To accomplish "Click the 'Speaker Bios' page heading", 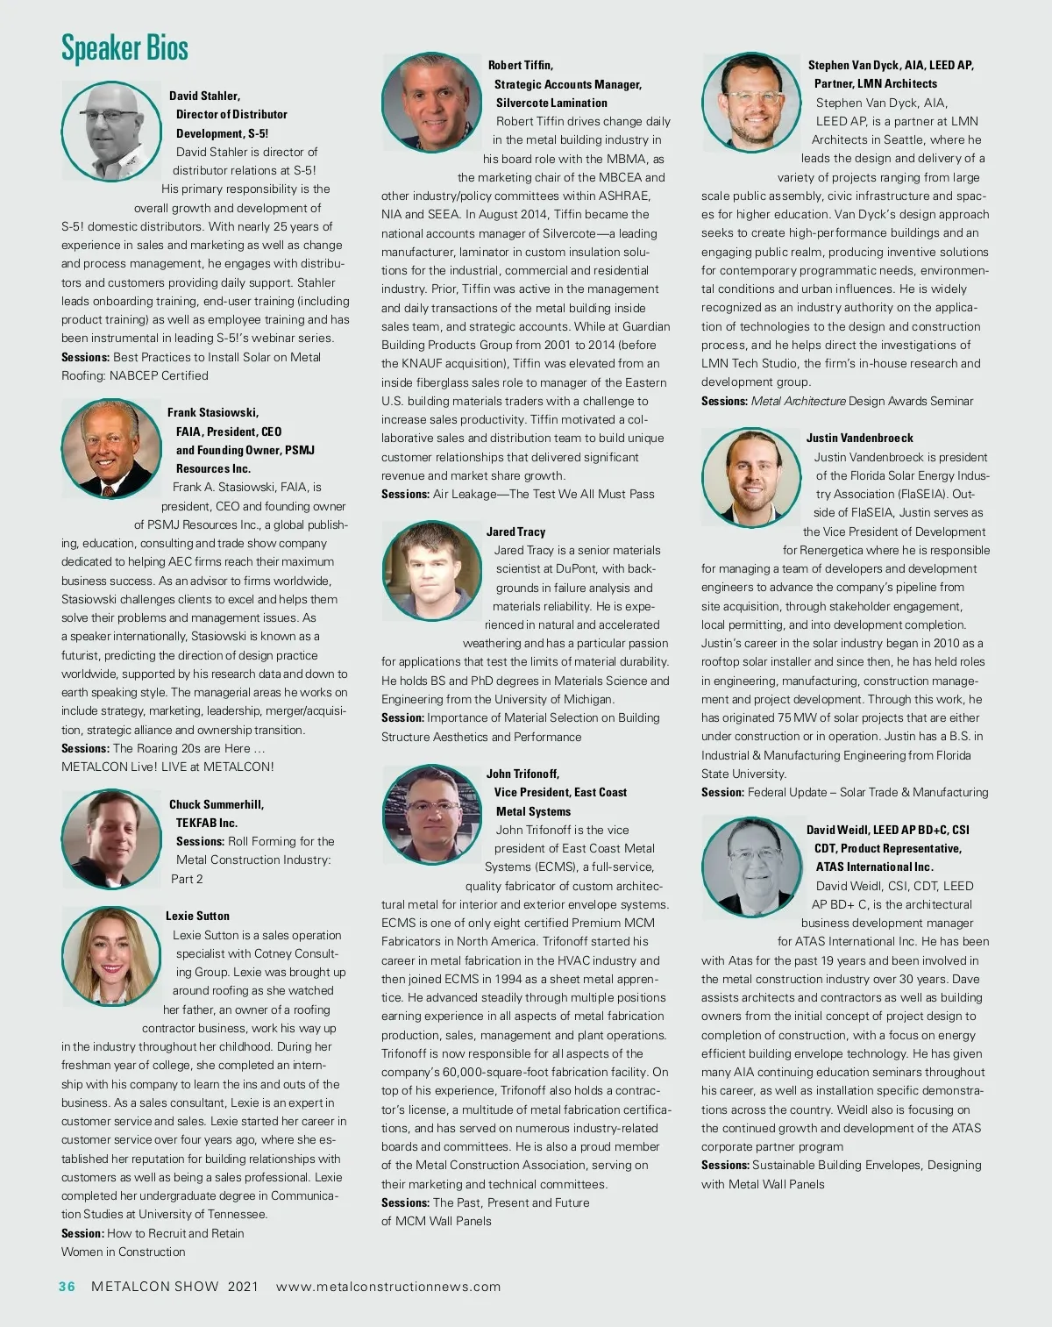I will tap(124, 48).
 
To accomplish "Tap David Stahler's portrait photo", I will tap(110, 131).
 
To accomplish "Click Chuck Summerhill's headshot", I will tap(110, 838).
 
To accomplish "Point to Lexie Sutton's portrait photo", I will tap(110, 956).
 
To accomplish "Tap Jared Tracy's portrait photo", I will tap(431, 571).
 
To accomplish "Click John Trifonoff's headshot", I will tap(431, 813).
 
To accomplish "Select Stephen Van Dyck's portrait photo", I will tap(751, 102).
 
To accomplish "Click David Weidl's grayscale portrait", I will tap(751, 867).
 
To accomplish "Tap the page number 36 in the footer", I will tap(68, 1287).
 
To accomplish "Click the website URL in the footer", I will tap(388, 1287).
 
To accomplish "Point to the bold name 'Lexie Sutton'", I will tap(197, 916).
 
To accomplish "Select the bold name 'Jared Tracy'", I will tap(515, 532).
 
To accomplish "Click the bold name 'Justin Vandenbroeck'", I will tap(859, 438).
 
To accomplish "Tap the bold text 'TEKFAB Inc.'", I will tap(207, 823).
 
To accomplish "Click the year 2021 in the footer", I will tap(243, 1287).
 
